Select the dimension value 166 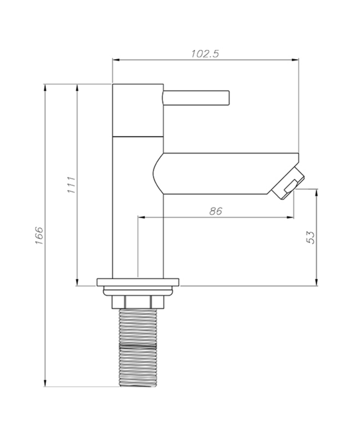tap(39, 237)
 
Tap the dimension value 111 tap(71, 185)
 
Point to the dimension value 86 tap(215, 211)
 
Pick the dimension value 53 tap(311, 237)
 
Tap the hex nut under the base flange tap(138, 302)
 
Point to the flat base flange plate tap(138, 282)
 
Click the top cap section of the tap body tap(138, 110)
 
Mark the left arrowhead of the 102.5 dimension tap(116, 60)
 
